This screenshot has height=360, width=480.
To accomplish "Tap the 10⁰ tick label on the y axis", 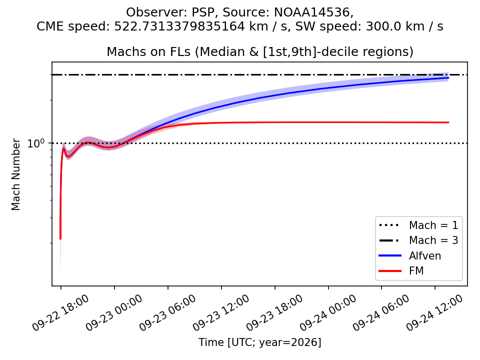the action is tap(36, 143).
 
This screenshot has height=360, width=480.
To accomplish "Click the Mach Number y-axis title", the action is tap(15, 174).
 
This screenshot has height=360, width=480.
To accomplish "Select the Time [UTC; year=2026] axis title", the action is tap(260, 342).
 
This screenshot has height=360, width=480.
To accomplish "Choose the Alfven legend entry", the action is tap(410, 255).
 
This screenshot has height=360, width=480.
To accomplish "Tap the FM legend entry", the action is tap(401, 270).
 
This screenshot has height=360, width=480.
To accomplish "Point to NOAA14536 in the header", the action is tap(312, 12).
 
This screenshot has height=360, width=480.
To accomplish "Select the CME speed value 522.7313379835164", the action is tap(179, 26).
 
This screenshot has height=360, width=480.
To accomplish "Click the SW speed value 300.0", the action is tap(382, 26).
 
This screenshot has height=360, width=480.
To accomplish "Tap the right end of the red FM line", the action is tap(448, 122).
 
